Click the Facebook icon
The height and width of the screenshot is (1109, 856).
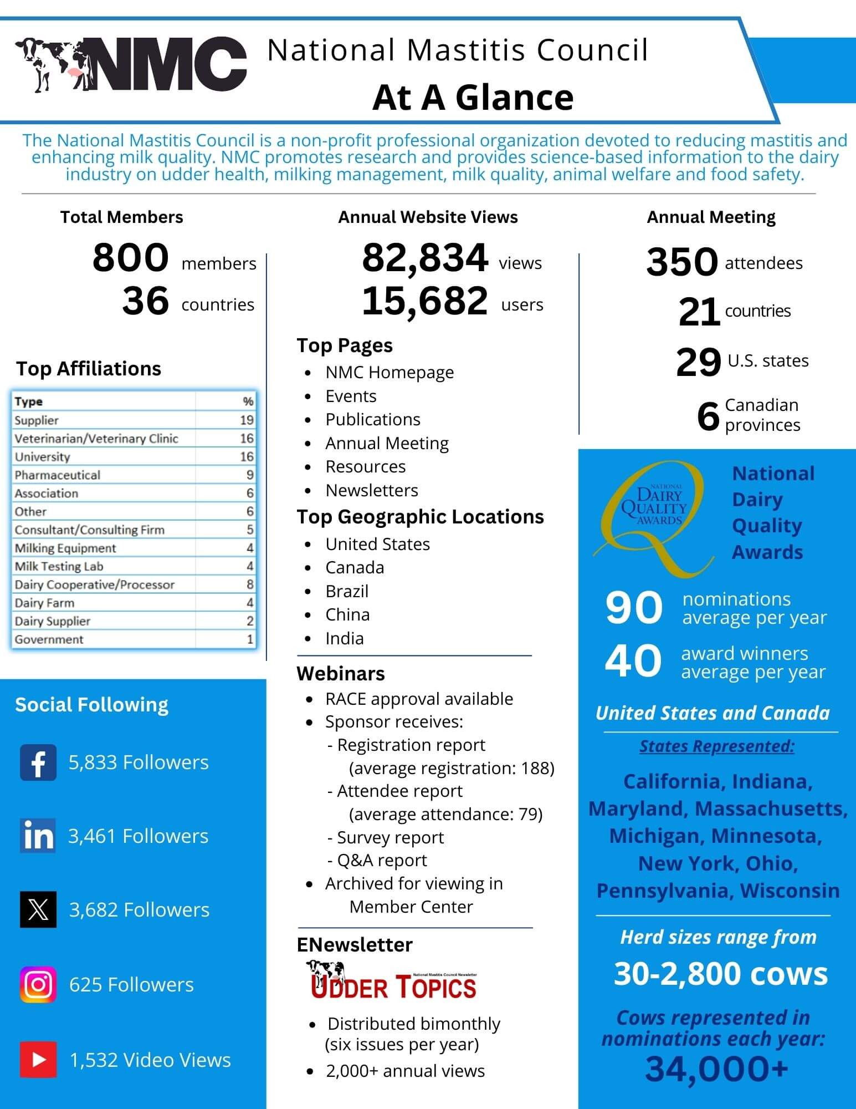(38, 762)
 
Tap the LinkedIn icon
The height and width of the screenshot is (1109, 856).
(38, 836)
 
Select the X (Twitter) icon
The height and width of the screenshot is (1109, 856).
(38, 909)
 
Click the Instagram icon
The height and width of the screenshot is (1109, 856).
(38, 984)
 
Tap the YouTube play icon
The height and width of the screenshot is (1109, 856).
(38, 1060)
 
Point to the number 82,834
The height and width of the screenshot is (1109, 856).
(425, 258)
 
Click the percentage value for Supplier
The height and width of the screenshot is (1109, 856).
(247, 420)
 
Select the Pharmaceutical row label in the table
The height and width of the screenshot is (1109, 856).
(58, 475)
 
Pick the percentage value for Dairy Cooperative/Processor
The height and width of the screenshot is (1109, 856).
(250, 584)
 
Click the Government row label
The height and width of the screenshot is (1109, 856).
(49, 639)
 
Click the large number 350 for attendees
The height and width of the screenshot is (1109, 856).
(682, 262)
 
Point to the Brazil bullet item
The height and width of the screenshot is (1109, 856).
(347, 591)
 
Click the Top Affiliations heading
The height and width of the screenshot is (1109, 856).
(89, 369)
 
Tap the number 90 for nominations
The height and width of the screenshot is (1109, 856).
(633, 608)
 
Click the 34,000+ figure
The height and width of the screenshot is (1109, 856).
(716, 1069)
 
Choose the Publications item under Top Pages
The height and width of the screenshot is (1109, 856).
(373, 420)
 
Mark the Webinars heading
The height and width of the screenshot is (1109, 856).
(341, 674)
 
